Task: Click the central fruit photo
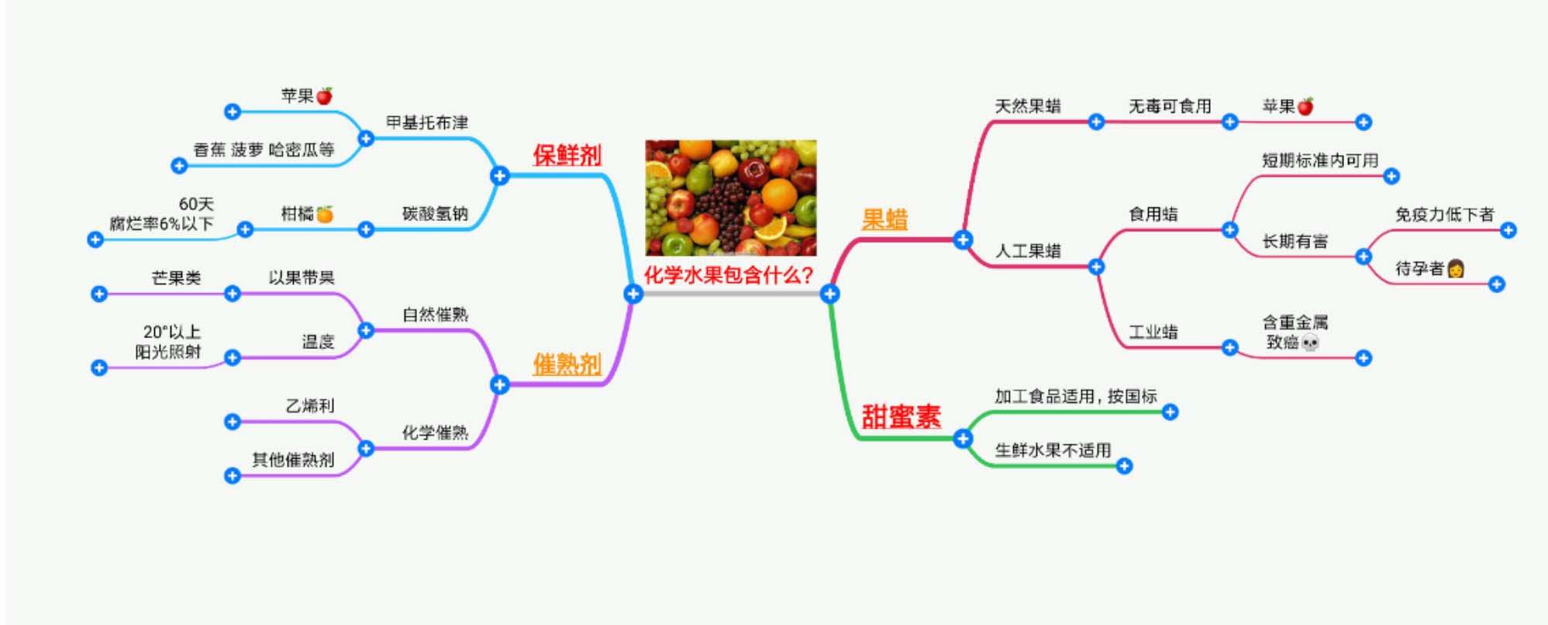click(730, 198)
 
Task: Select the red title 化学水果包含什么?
click(729, 275)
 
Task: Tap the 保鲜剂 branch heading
click(567, 155)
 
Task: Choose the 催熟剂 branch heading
click(567, 364)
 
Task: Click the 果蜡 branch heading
click(884, 219)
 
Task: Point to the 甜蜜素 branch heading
click(901, 416)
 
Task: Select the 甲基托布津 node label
click(427, 123)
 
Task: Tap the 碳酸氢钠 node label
click(435, 213)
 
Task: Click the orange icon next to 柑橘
click(325, 214)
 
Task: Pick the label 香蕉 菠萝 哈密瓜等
click(264, 150)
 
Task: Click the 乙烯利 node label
click(310, 406)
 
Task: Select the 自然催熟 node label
click(435, 314)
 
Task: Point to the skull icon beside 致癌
click(1310, 342)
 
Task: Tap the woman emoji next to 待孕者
click(1456, 268)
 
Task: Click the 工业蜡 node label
click(1153, 332)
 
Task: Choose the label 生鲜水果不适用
click(1053, 450)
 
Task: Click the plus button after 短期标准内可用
click(1391, 176)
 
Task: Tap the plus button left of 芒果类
click(98, 294)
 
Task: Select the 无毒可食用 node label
click(1169, 106)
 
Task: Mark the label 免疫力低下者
click(1444, 214)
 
